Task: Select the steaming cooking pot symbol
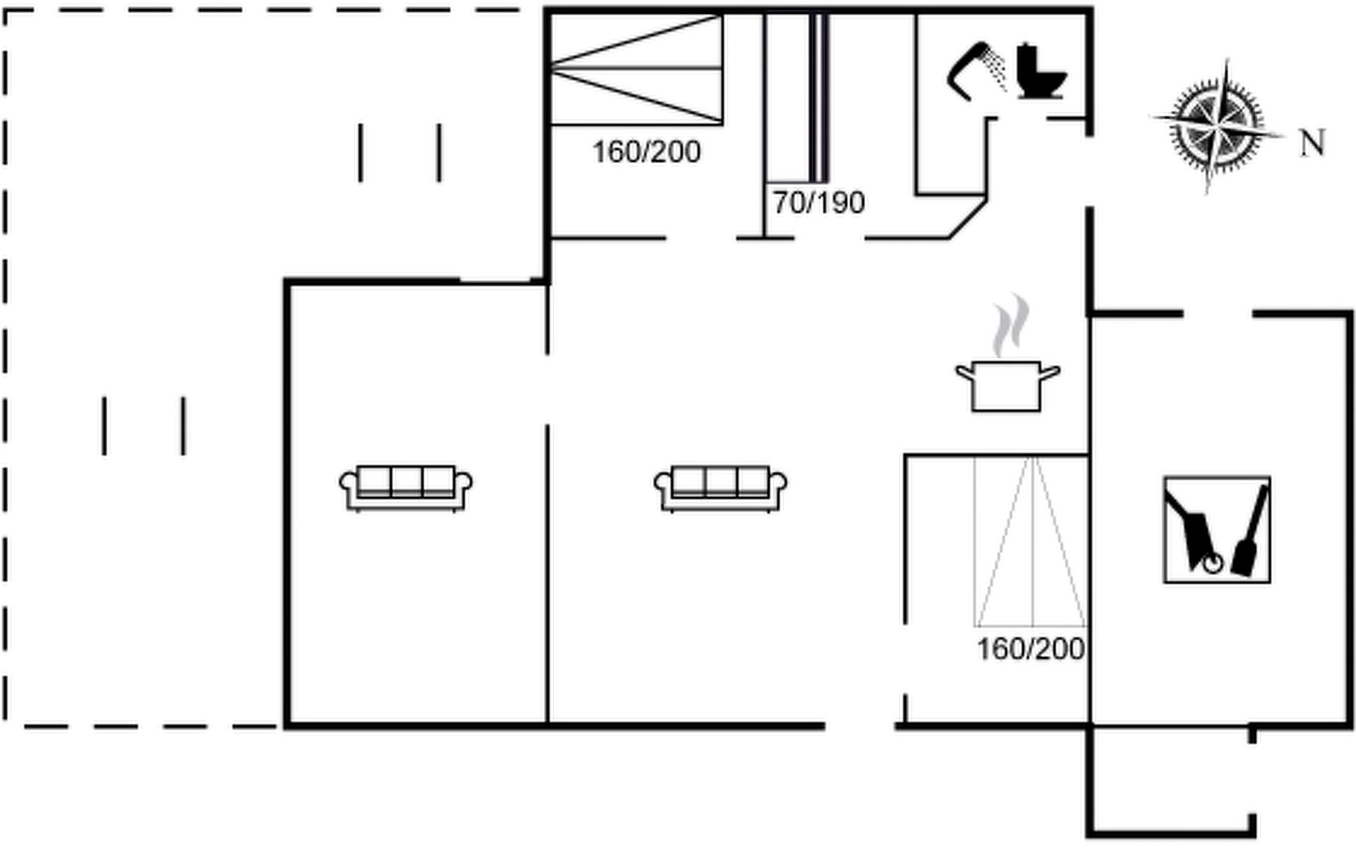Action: (x=1008, y=353)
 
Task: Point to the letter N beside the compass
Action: (x=1313, y=143)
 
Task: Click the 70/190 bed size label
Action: (x=819, y=203)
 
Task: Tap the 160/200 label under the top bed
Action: (x=646, y=152)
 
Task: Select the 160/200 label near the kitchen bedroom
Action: (x=1030, y=649)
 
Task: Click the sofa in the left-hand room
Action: (x=406, y=488)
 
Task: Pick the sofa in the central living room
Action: (x=720, y=488)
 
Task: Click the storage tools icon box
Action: (x=1217, y=529)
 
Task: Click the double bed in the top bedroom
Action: (x=636, y=69)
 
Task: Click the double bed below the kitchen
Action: (x=1030, y=541)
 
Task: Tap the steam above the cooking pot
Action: (x=1010, y=325)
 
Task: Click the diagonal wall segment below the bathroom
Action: (x=968, y=218)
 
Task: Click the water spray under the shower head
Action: (x=996, y=71)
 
